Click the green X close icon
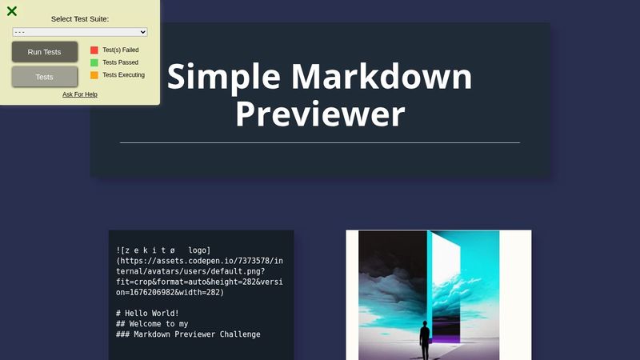point(12,11)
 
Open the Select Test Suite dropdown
point(80,32)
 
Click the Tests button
point(45,77)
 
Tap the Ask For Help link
point(80,94)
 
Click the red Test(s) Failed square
point(94,50)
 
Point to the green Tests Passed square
point(94,62)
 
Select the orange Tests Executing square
point(94,75)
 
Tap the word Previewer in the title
point(320,114)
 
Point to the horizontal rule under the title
point(320,142)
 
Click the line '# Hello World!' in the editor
point(148,313)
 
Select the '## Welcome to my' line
point(153,323)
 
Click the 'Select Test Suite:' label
point(80,18)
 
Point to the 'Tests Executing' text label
point(123,75)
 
